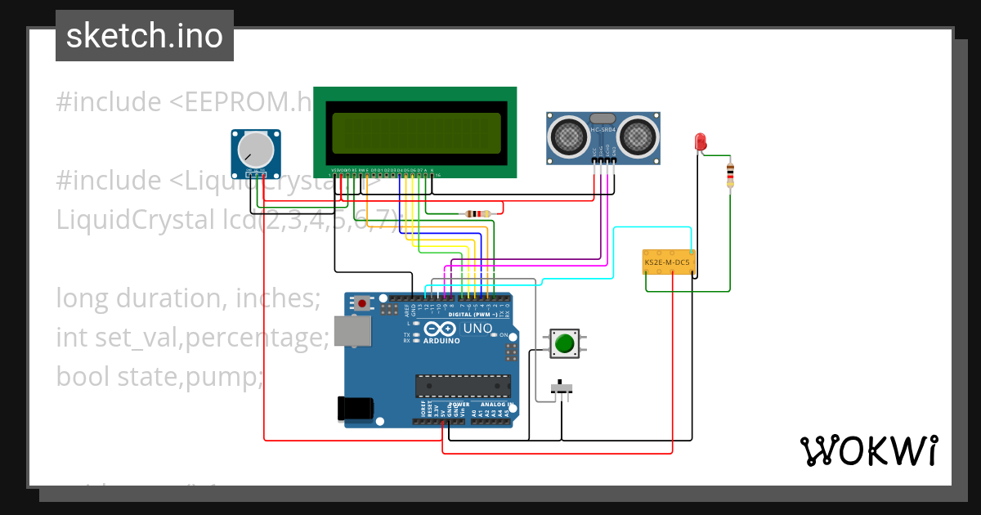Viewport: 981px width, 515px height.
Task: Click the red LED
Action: coord(701,142)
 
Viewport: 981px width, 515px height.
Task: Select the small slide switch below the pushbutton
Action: coord(562,387)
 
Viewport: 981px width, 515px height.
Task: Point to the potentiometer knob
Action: coord(256,150)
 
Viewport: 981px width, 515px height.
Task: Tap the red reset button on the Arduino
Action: coord(362,303)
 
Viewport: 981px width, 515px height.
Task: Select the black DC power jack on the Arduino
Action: coord(356,409)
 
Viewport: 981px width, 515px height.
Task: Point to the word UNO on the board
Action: coord(477,329)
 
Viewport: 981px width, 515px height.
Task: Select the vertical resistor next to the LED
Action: coord(730,174)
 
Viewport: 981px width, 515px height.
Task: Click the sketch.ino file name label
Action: coord(145,36)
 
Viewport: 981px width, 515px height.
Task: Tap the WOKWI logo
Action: coord(868,450)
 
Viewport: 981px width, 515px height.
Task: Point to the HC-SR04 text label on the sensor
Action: coord(602,130)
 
